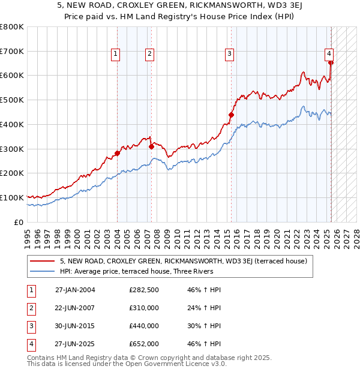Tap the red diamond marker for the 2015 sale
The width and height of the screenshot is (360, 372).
pyautogui.click(x=231, y=115)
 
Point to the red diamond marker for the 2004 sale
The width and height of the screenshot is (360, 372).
pyautogui.click(x=117, y=153)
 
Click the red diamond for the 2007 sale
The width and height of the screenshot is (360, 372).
pyautogui.click(x=151, y=146)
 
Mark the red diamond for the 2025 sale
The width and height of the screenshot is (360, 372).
pyautogui.click(x=331, y=62)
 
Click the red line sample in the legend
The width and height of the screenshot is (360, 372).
pyautogui.click(x=43, y=261)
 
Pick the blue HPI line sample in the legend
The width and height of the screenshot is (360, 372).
pyautogui.click(x=43, y=271)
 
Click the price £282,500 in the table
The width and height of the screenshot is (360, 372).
pyautogui.click(x=143, y=290)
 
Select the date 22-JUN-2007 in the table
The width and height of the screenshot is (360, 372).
pyautogui.click(x=75, y=308)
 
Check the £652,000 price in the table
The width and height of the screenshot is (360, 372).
pyautogui.click(x=143, y=344)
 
